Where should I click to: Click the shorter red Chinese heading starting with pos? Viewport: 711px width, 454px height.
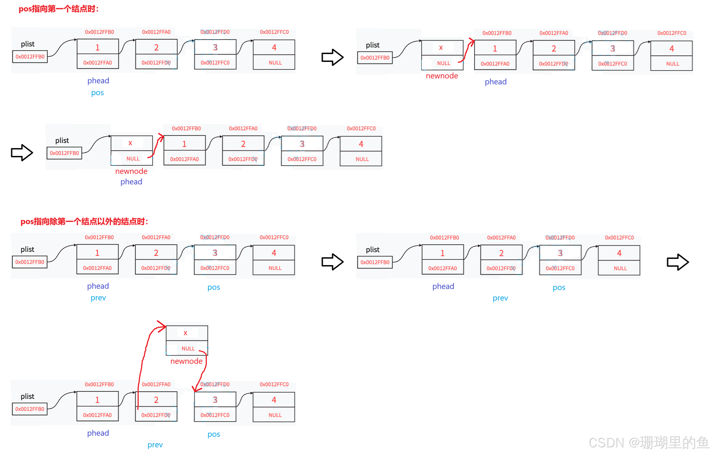58,9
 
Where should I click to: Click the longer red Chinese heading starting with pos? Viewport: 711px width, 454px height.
84,221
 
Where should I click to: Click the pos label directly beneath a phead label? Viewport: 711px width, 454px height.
98,93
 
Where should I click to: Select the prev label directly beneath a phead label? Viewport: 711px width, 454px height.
98,298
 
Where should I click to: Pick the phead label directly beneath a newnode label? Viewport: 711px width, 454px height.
131,182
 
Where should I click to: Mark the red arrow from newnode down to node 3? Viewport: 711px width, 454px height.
203,372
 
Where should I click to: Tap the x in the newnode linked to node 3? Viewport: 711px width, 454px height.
185,333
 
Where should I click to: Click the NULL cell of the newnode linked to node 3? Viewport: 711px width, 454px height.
188,349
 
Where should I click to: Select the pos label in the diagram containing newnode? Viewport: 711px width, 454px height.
214,434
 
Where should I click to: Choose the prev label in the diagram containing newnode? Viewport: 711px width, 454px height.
155,445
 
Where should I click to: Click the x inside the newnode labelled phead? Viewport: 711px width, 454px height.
130,143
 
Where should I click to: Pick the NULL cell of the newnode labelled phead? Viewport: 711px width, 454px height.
133,159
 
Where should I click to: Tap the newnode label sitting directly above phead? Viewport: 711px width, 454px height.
131,172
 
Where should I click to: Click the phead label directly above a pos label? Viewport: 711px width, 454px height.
98,81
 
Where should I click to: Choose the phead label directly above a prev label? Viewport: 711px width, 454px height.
98,286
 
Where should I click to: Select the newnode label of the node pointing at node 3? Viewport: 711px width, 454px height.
187,361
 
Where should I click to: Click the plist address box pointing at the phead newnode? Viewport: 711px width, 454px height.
64,153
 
